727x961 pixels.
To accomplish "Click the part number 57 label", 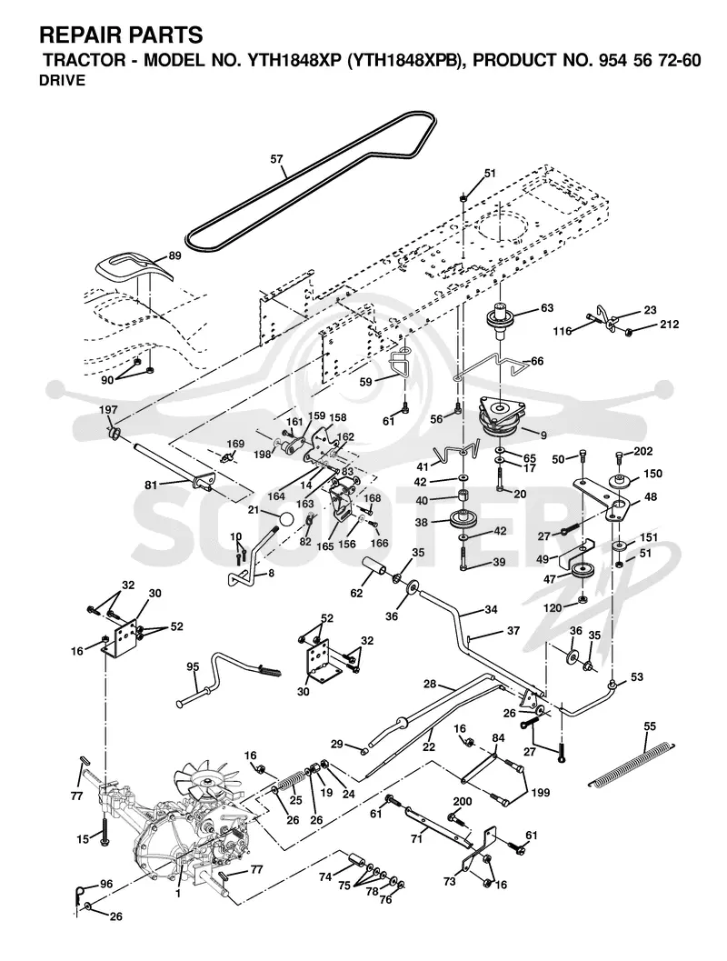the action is [277, 159].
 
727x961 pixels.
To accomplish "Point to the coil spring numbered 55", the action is [631, 765].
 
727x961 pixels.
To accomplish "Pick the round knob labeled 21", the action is [286, 518].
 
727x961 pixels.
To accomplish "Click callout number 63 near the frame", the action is [546, 307].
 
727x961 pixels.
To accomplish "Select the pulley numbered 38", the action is [463, 522].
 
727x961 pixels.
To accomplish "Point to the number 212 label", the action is [669, 325].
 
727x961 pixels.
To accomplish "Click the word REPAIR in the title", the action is [76, 35].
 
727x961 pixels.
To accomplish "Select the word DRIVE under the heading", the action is [63, 80].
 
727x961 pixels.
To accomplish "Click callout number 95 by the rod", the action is [193, 667].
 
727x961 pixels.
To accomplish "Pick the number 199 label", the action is [540, 793].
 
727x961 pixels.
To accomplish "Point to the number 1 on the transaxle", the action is [177, 895].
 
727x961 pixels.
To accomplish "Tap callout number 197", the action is [108, 410].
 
